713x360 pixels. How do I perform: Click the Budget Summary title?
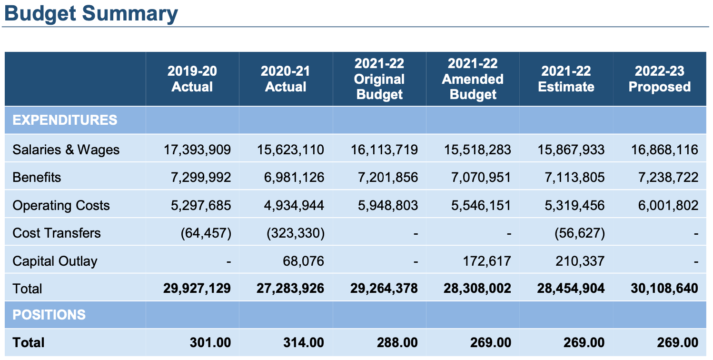(91, 13)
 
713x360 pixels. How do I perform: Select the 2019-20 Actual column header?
(192, 79)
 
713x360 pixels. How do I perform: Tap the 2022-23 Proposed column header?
(659, 79)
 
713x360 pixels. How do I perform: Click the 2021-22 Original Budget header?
(379, 79)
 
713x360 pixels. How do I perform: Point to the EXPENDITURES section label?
(65, 120)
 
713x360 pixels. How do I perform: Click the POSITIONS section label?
(49, 315)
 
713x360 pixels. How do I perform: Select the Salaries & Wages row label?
(66, 150)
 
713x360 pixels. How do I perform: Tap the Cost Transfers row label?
(57, 233)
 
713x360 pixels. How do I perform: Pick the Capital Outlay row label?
(55, 261)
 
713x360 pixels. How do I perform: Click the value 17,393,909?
(198, 150)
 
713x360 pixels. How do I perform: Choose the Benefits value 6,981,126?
(294, 178)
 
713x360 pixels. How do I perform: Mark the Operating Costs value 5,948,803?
(388, 205)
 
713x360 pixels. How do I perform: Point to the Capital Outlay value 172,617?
(486, 261)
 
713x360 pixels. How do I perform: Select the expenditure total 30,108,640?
(665, 289)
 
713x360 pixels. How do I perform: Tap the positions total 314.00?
(303, 342)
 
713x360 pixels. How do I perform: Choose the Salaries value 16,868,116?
(665, 150)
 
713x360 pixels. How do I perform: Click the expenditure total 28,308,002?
(478, 289)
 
